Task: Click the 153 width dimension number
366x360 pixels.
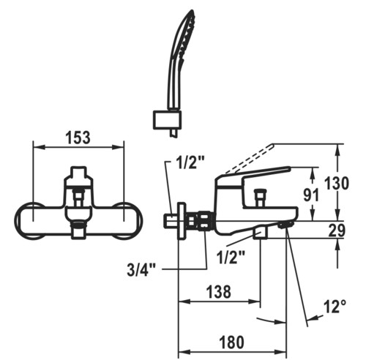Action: (78, 138)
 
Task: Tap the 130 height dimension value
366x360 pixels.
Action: (337, 183)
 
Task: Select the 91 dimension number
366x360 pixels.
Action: (311, 195)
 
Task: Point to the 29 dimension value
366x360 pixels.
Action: (337, 230)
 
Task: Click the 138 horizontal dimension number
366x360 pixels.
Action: (219, 291)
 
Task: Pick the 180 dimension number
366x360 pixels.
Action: (232, 342)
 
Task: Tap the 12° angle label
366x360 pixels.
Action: (335, 306)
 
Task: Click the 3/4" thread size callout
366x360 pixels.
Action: (141, 269)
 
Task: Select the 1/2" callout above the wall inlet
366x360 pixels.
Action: (190, 162)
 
